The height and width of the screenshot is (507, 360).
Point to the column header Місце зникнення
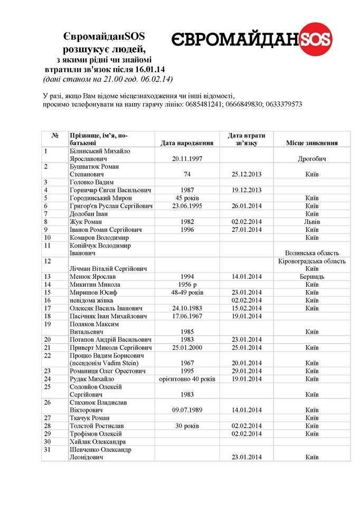tap(311, 143)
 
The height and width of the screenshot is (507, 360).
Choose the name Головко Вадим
tap(92, 182)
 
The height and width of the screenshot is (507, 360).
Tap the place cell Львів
tap(311, 222)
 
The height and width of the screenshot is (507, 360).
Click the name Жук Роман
tap(87, 222)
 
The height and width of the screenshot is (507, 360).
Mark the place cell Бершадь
tap(311, 276)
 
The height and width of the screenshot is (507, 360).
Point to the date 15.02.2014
tap(247, 308)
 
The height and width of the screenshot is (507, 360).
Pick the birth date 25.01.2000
tap(187, 347)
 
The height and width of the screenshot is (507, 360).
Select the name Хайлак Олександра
tap(98, 442)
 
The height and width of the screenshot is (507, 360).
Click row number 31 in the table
tap(48, 449)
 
